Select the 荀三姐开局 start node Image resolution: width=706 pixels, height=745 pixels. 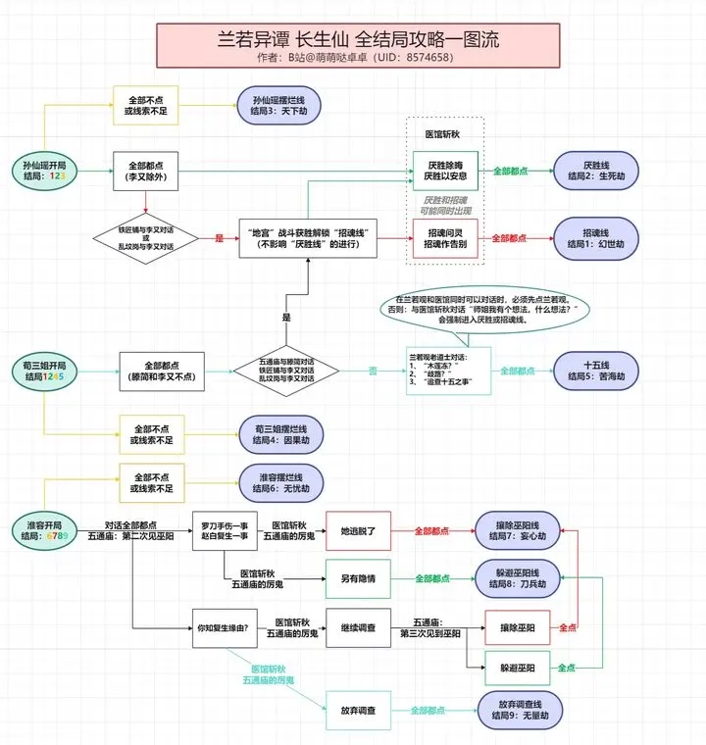click(45, 371)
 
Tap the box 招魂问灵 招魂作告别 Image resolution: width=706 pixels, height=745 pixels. click(445, 238)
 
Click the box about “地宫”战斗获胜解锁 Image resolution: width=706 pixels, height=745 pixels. click(309, 238)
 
